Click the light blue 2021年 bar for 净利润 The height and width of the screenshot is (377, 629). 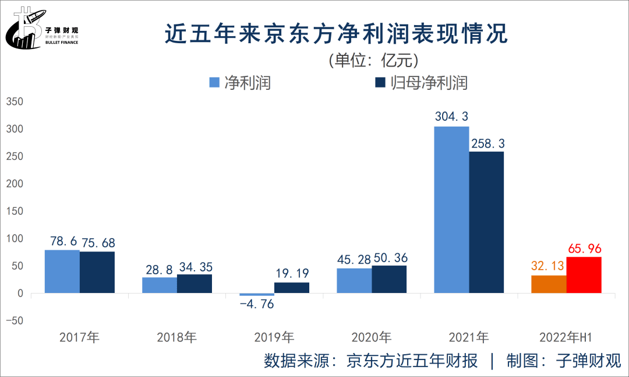click(451, 210)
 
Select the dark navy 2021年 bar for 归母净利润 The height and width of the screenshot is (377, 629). click(486, 222)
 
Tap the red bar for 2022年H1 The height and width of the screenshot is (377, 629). click(584, 275)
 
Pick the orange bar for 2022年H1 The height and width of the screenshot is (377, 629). click(549, 284)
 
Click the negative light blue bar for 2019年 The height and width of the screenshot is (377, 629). click(257, 295)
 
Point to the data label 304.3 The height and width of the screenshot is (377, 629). click(451, 117)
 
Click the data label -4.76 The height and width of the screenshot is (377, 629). click(257, 305)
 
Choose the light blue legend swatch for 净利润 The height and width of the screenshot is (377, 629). click(214, 82)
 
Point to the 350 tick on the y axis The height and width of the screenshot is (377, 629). click(14, 102)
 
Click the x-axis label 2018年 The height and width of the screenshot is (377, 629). click(177, 337)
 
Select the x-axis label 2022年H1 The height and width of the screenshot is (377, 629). click(566, 337)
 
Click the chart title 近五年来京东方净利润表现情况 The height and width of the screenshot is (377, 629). click(337, 33)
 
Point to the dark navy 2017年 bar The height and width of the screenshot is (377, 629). click(97, 272)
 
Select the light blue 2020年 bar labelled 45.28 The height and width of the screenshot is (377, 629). click(354, 280)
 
